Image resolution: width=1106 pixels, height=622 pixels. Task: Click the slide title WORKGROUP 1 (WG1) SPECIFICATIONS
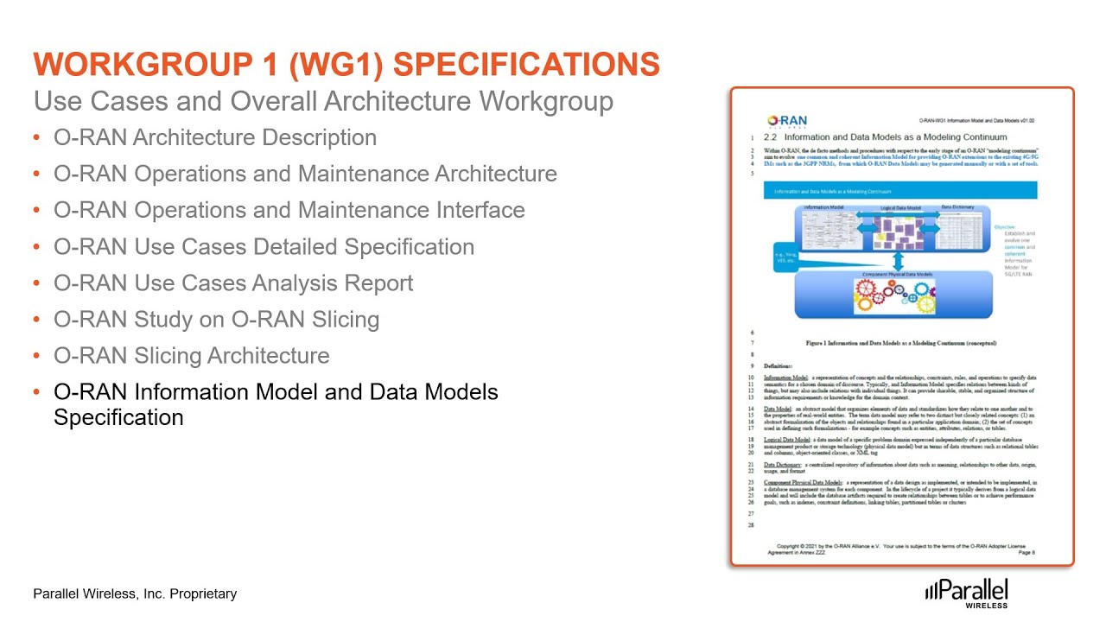coord(346,65)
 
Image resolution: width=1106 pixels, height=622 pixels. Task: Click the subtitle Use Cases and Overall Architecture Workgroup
coord(323,101)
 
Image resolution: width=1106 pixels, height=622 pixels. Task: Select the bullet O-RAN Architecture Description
coord(215,138)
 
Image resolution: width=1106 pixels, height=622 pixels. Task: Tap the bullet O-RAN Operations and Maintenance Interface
coord(289,211)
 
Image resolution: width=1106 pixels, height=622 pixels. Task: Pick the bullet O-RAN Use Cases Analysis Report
coord(233,283)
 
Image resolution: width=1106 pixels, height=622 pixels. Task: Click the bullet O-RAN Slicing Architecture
coord(191,356)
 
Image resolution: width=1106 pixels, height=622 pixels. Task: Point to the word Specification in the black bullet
coord(118,418)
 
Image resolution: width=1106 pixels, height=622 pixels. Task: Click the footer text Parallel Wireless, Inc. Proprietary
coord(135,594)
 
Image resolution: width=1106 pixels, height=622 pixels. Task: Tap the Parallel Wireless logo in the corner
coord(966,593)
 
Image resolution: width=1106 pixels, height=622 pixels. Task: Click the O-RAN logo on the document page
coord(787,121)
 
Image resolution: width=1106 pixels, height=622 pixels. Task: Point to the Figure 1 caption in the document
coord(900,343)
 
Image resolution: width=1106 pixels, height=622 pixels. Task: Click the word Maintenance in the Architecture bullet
coord(378,175)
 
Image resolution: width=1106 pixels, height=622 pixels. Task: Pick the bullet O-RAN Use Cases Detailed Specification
coord(264,247)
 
